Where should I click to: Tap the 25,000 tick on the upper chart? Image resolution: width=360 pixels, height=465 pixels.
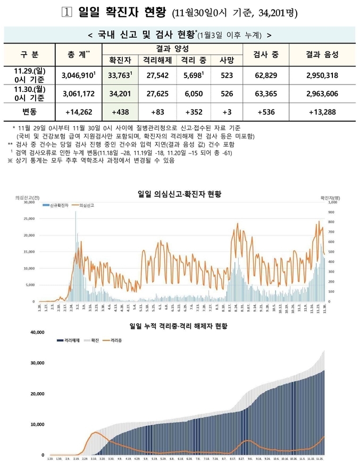(27, 218)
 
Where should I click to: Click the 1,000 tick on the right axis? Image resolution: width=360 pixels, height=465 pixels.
(333, 202)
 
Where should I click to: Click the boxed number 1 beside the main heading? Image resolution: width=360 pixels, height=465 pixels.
(66, 12)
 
